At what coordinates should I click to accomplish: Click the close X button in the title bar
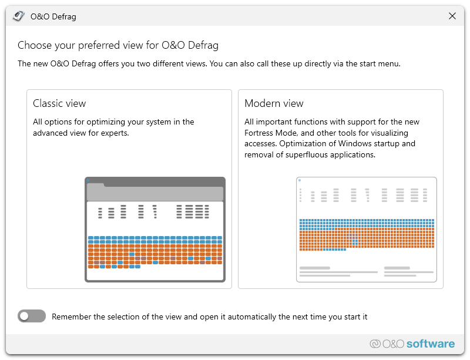[x=452, y=16]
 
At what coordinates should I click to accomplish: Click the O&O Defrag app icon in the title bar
[x=19, y=16]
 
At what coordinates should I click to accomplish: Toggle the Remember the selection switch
[x=32, y=317]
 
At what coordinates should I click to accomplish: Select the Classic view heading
[x=59, y=103]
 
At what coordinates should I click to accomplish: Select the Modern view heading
[x=274, y=103]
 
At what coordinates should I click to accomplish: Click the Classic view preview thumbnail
[x=155, y=229]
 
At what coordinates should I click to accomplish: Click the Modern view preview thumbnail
[x=367, y=229]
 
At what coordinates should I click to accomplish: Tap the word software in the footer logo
[x=431, y=344]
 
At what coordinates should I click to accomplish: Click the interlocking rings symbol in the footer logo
[x=375, y=344]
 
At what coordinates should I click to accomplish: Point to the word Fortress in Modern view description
[x=261, y=133]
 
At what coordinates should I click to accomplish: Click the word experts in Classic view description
[x=115, y=133]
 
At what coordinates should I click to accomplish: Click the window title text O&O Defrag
[x=53, y=16]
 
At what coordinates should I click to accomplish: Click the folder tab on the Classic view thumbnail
[x=96, y=186]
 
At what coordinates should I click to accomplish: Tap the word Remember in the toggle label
[x=70, y=317]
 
